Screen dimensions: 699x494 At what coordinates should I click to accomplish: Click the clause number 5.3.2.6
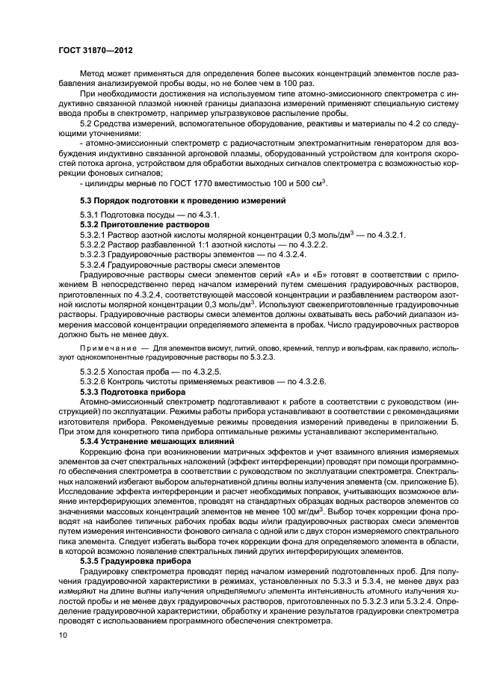93,381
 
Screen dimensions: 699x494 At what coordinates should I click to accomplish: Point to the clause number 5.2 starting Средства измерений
84,123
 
